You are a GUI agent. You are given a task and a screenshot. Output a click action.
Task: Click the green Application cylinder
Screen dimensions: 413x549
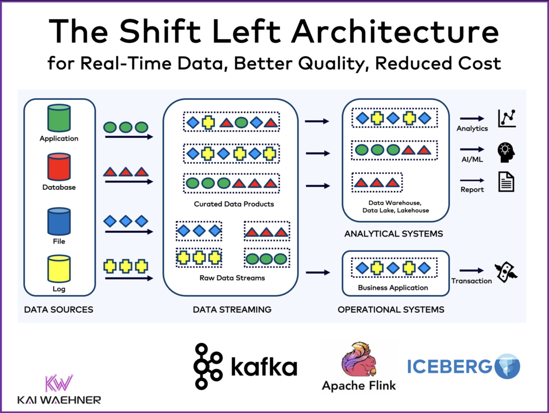pyautogui.click(x=59, y=118)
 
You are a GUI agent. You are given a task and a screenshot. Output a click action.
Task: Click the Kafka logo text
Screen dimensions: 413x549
pyautogui.click(x=263, y=367)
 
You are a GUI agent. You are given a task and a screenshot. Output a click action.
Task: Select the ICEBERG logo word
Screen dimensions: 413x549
pyautogui.click(x=449, y=366)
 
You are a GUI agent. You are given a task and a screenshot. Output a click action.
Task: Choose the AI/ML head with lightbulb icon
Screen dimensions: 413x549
pyautogui.click(x=506, y=152)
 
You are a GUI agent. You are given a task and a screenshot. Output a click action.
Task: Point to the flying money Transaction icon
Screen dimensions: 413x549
pyautogui.click(x=506, y=272)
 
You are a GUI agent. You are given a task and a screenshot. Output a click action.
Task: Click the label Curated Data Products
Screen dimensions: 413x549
pyautogui.click(x=234, y=204)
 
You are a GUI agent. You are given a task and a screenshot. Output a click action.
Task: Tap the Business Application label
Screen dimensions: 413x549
pyautogui.click(x=393, y=287)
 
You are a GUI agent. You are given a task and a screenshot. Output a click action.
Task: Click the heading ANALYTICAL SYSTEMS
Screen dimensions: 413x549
pyautogui.click(x=393, y=234)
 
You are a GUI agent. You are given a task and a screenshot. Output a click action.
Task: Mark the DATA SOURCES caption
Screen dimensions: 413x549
pyautogui.click(x=58, y=309)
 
